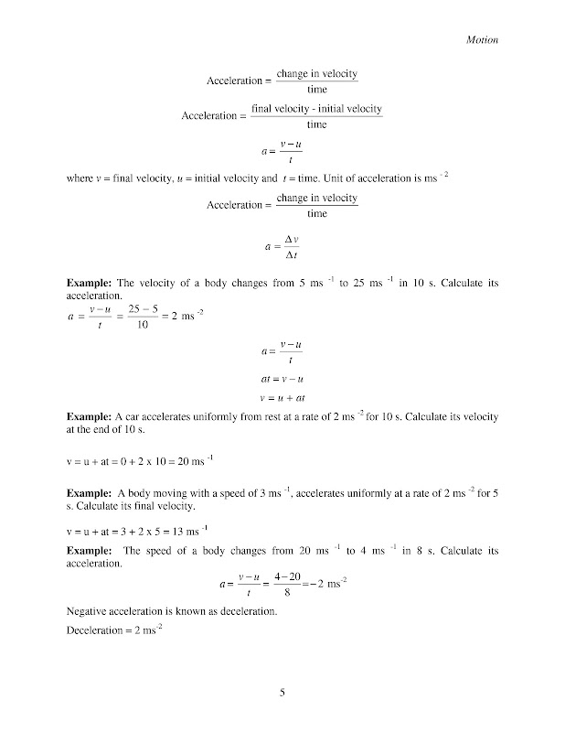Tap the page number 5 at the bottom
click(x=282, y=692)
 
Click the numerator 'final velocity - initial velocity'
click(x=316, y=109)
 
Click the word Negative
click(x=90, y=609)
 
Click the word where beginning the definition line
click(x=80, y=178)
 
